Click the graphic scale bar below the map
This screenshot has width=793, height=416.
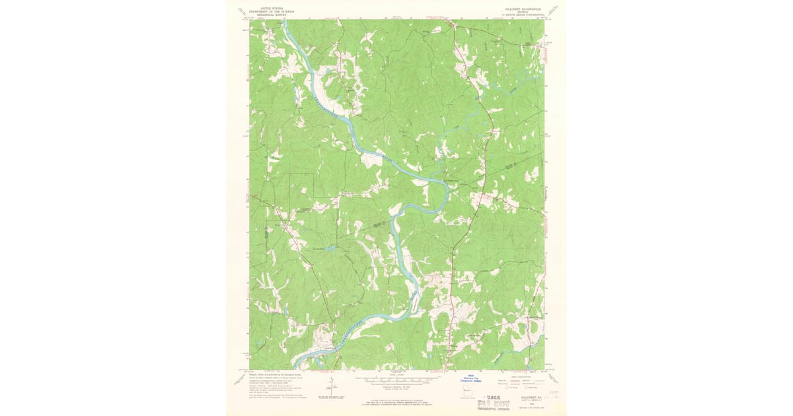[x=397, y=380]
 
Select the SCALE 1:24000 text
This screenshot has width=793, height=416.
[x=397, y=375]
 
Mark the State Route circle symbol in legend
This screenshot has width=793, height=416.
[x=526, y=388]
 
